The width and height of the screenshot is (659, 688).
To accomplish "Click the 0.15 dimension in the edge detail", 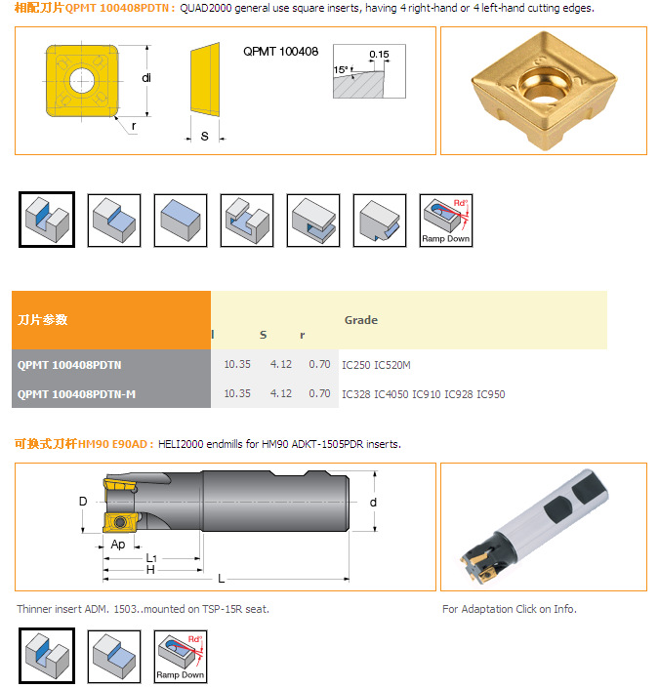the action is tap(379, 54).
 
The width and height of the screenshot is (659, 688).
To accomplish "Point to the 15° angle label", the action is tap(341, 69).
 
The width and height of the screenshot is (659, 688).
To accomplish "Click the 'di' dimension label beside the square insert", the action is tap(146, 78).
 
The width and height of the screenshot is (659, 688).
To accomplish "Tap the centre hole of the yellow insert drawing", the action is tap(82, 80).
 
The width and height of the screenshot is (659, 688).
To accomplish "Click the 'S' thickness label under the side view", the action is tap(205, 137).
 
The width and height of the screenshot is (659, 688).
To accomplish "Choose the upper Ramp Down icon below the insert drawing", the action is tap(446, 221).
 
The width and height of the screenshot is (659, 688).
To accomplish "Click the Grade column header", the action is tap(361, 320).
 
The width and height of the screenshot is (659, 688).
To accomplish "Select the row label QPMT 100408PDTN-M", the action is tap(76, 394).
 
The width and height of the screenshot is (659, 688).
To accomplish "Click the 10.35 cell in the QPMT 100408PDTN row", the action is tap(237, 364).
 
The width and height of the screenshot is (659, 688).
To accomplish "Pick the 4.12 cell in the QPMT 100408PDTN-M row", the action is tap(280, 393).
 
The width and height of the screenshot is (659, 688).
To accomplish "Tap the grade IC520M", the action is tap(392, 365).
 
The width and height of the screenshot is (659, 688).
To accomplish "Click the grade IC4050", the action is tap(391, 394).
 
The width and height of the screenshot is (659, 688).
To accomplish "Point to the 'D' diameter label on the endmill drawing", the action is tap(83, 501).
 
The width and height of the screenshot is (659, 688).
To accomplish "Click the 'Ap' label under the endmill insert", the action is tap(118, 545).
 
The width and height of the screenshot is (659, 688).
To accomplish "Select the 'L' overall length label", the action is tap(222, 579).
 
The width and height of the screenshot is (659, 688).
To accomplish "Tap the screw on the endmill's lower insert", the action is tap(119, 522).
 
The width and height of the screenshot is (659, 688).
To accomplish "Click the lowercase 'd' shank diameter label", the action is tap(373, 502).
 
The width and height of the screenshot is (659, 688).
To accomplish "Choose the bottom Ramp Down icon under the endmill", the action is tap(181, 657).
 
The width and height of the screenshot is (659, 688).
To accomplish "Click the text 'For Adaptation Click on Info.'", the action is tap(510, 609).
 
